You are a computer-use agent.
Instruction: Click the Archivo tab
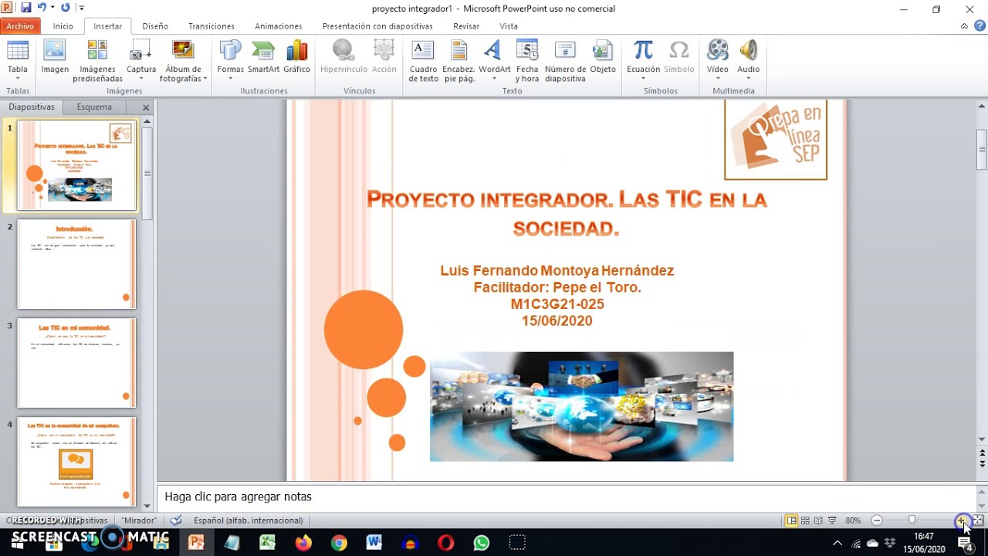[20, 26]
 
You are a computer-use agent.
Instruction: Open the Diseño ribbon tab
[155, 26]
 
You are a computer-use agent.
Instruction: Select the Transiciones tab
[211, 26]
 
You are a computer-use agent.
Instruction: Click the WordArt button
[494, 59]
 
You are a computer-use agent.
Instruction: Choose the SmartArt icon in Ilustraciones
[263, 59]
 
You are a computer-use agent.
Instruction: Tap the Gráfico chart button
[296, 59]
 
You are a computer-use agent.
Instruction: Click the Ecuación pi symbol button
[643, 59]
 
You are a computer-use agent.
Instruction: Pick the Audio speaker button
[748, 59]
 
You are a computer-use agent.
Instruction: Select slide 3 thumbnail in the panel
[76, 363]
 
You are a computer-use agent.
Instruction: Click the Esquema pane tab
[94, 107]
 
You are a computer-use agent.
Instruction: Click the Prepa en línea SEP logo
[775, 139]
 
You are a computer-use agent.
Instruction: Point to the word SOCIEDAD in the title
[566, 229]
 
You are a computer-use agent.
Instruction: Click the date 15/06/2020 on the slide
[557, 321]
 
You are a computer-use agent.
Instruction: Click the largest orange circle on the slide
[364, 330]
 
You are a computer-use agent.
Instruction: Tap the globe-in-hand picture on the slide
[581, 407]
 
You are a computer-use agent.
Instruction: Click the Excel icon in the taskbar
[267, 543]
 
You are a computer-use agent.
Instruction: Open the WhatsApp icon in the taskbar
[482, 543]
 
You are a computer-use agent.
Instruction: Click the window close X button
[969, 9]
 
